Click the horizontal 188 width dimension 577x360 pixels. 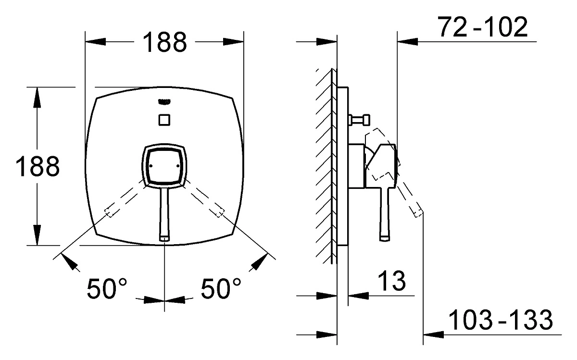click(164, 42)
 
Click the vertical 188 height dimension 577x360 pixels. click(38, 166)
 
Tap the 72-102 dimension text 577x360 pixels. click(482, 26)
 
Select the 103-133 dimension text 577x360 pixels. click(501, 320)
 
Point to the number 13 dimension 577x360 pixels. click(391, 281)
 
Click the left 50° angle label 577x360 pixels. click(107, 288)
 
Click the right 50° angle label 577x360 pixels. click(221, 288)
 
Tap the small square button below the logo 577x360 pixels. click(164, 120)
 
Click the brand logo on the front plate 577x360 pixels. click(164, 102)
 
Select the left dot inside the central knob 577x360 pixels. click(151, 166)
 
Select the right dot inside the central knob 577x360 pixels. click(178, 166)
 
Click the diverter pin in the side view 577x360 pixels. click(359, 120)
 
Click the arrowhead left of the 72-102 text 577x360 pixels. click(407, 41)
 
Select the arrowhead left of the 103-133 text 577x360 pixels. click(433, 335)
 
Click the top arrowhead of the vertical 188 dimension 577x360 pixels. click(37, 98)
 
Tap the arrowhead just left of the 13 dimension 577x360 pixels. click(358, 296)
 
